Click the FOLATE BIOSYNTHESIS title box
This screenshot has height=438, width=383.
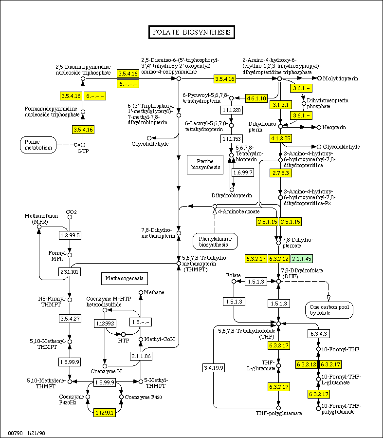point(191,33)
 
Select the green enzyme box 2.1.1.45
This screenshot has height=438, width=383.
point(302,258)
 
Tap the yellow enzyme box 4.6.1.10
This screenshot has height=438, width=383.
point(256,98)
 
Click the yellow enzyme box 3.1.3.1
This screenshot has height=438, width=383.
point(281,105)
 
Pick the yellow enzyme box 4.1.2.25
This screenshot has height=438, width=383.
point(281,138)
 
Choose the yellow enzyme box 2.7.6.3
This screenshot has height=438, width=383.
point(281,173)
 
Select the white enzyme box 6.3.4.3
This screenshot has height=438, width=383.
point(318,334)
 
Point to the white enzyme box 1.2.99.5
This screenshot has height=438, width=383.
point(70,236)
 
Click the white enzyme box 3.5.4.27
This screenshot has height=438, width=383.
point(70,319)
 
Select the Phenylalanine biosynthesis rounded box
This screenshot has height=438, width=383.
point(215,241)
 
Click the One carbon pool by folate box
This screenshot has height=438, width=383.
point(329,310)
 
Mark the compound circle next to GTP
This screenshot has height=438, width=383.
point(83,145)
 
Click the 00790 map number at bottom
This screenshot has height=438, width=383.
point(15,433)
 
